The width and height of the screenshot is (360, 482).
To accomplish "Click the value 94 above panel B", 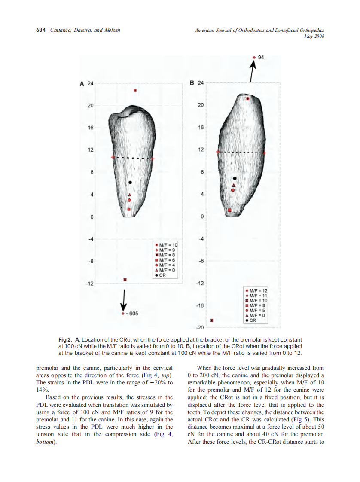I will tap(261, 57).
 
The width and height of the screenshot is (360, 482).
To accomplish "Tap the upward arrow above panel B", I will tap(253, 71).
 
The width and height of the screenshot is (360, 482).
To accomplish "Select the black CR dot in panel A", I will tap(130, 182).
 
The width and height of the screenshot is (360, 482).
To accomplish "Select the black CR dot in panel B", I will tap(235, 178).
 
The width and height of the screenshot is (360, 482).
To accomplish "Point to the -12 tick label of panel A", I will tap(89, 284).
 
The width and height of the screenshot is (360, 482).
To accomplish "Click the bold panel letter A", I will tap(81, 84).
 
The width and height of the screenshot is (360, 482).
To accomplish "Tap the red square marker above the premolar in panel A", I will tap(135, 91).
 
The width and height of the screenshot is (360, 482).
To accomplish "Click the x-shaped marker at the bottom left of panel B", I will tap(211, 320).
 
